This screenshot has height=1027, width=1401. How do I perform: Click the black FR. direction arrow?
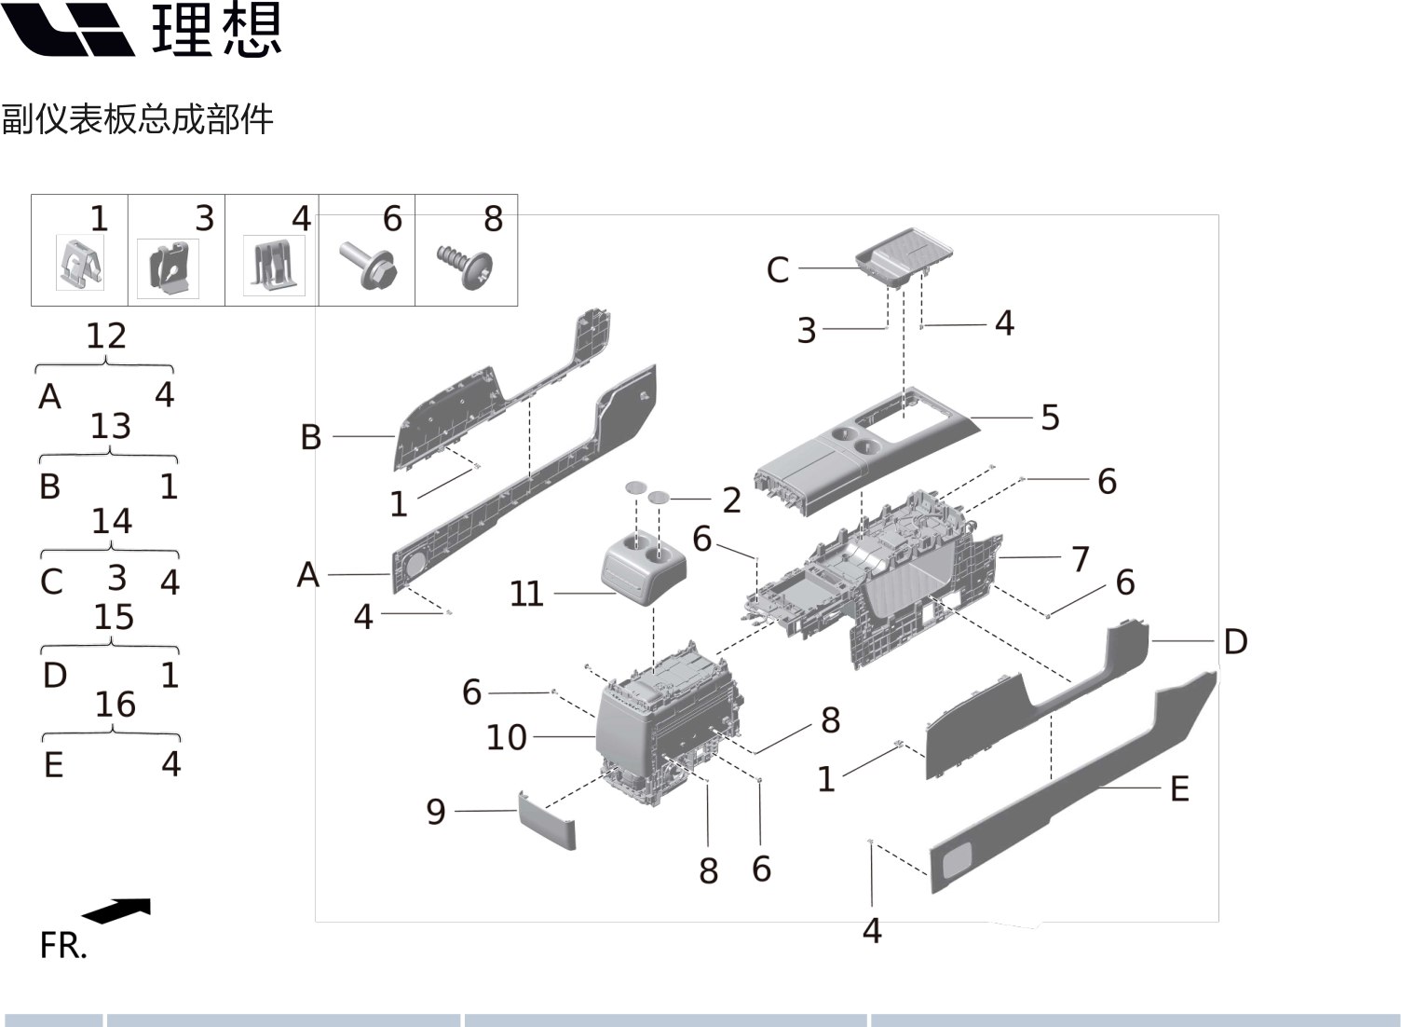[117, 911]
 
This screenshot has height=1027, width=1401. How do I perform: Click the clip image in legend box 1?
[80, 263]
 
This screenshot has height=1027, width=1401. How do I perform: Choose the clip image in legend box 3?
[169, 268]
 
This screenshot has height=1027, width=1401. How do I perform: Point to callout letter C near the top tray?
[778, 270]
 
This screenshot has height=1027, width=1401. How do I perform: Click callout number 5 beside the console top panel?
[1050, 418]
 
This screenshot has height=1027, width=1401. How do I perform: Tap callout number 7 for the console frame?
[1080, 559]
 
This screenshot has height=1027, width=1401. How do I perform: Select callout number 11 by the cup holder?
[526, 594]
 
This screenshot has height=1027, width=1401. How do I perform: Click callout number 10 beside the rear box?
[507, 737]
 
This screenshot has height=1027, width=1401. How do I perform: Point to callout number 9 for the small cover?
[436, 812]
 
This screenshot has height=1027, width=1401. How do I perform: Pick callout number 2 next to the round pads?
[732, 500]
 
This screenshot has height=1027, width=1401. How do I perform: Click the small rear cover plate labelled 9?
[547, 820]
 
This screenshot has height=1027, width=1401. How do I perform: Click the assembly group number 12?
[105, 335]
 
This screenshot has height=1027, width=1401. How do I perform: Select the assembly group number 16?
[115, 705]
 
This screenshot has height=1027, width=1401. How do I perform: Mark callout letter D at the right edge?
[1235, 641]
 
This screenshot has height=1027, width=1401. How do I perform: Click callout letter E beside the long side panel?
[1179, 789]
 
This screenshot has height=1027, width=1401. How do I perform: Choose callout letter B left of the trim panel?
[311, 437]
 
